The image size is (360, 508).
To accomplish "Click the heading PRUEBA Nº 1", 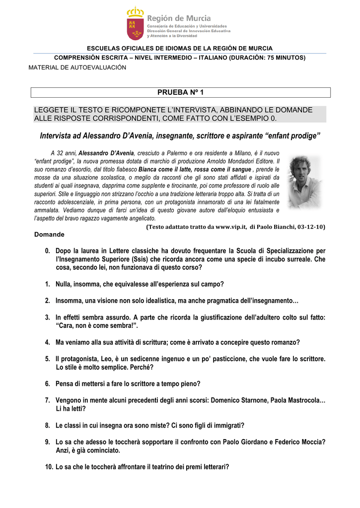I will [x=180, y=92].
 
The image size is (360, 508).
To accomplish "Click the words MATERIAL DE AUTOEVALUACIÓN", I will [x=77, y=67].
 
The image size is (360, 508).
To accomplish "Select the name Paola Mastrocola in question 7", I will [x=294, y=400].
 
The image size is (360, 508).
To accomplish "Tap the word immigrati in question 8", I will [x=228, y=425].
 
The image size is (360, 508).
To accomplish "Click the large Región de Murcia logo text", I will [x=179, y=18].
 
